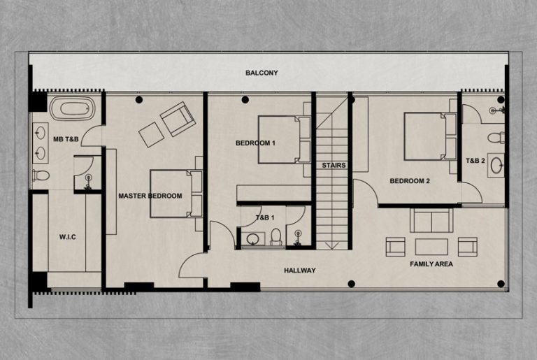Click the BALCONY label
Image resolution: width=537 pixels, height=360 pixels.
(x=262, y=73)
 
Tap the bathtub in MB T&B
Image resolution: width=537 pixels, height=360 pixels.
(x=73, y=108)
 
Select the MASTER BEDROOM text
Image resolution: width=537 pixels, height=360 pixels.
(x=150, y=196)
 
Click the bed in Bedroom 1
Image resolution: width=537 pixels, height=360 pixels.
(x=285, y=139)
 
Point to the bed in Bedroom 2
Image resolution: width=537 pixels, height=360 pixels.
(x=431, y=136)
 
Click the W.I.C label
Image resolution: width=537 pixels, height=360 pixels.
(x=67, y=237)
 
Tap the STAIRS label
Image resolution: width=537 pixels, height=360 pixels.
(x=334, y=166)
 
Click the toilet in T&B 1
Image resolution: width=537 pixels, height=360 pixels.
(x=275, y=236)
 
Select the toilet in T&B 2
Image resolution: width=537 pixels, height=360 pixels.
(x=496, y=138)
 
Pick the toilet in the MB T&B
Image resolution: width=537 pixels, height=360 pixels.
(x=41, y=175)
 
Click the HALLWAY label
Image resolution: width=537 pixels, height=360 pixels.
(x=300, y=271)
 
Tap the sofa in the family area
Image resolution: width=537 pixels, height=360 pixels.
(x=431, y=220)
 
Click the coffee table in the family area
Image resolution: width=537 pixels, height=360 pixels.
(x=431, y=247)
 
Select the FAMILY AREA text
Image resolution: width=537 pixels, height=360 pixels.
(x=431, y=264)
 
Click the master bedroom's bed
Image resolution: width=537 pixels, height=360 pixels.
(x=176, y=194)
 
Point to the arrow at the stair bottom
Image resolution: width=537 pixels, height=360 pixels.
(x=332, y=245)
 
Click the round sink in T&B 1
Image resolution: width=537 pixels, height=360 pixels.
(x=253, y=238)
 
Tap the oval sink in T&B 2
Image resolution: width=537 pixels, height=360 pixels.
(x=496, y=166)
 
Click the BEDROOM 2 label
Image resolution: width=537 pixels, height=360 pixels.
(x=410, y=181)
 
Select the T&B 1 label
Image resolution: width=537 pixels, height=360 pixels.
(x=265, y=217)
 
